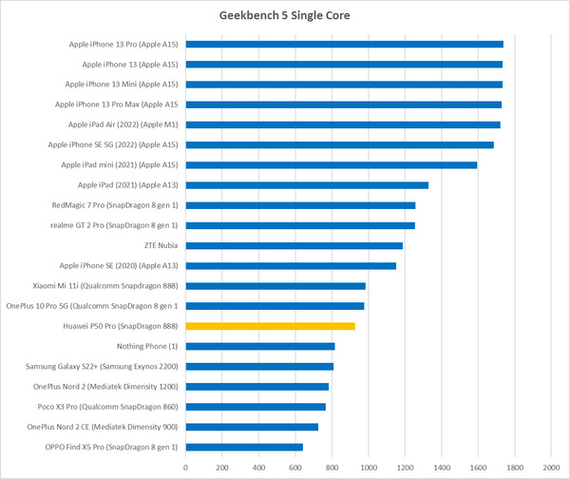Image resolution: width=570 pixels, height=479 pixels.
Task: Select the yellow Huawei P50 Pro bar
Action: click(270, 326)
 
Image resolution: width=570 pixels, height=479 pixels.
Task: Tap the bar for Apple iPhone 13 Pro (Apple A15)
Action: click(344, 44)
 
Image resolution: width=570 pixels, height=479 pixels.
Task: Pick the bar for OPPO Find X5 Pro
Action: click(244, 447)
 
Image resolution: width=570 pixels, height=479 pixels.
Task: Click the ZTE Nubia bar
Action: click(294, 245)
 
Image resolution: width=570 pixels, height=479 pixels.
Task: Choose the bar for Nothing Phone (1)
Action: click(260, 346)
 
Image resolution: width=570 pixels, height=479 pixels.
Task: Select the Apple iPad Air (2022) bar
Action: click(342, 125)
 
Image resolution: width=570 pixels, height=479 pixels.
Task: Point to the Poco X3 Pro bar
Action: click(256, 407)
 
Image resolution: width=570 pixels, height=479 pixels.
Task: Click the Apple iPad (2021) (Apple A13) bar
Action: click(307, 184)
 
